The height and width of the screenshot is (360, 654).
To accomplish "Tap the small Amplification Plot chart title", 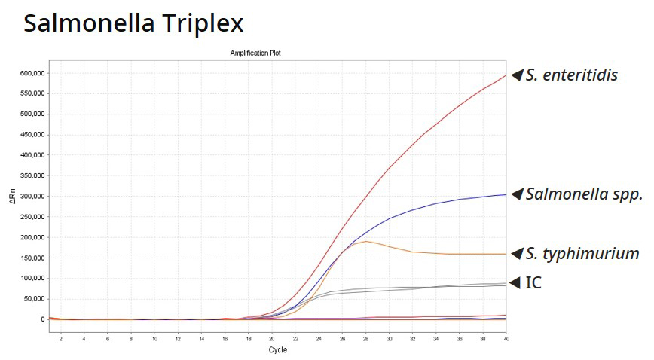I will pos(255,53).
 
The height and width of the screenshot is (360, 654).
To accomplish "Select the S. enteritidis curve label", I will pos(572,75).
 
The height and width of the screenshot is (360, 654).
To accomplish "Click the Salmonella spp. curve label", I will pos(584,194).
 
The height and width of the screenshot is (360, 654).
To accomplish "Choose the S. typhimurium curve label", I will pos(582,253).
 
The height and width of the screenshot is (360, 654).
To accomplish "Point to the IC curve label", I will pos(533,282).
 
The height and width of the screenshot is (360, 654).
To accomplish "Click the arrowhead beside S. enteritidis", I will pos(516,75).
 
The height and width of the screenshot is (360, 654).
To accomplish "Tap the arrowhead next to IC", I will pos(515,282).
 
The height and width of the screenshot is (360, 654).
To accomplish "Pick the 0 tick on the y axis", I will pos(42,319).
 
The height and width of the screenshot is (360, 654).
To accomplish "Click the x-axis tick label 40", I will pos(506,339).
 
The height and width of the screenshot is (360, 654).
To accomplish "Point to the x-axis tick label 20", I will pos(271,339).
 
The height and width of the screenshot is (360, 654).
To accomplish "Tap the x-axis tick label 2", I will pos(61,339).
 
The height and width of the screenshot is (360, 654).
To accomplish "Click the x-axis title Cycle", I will pos(277,349).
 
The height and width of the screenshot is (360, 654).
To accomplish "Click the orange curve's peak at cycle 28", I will pos(365,241).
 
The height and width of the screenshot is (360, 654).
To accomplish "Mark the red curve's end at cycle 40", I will pos(506,75).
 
